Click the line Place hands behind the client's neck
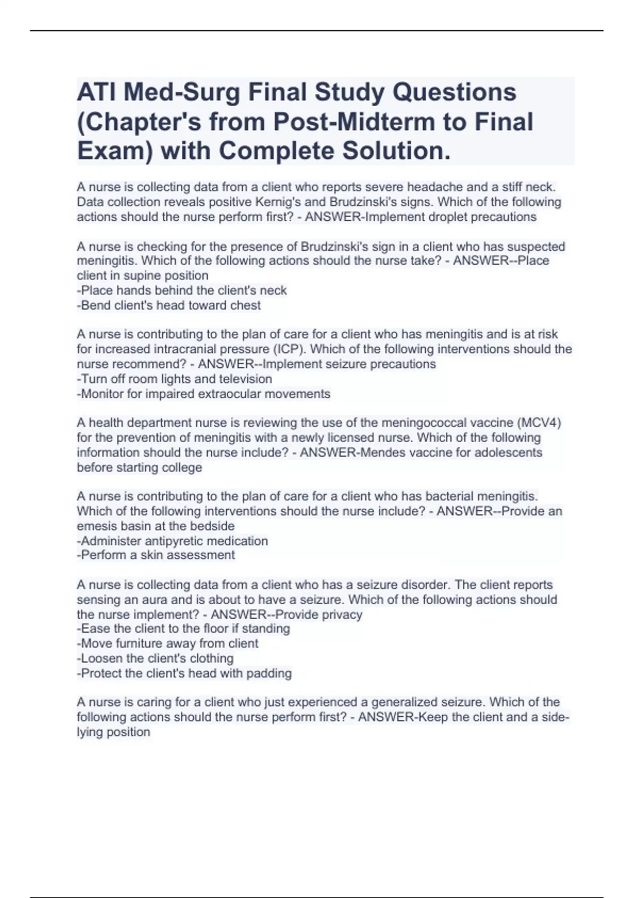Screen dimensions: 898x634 [182, 291]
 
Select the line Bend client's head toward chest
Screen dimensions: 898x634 [169, 305]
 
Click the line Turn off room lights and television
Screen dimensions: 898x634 [174, 379]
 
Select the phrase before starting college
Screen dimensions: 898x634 [139, 467]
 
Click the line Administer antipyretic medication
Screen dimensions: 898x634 [172, 541]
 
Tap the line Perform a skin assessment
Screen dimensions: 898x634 [156, 555]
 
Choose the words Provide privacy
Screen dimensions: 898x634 [319, 614]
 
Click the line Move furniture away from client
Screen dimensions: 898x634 [167, 643]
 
